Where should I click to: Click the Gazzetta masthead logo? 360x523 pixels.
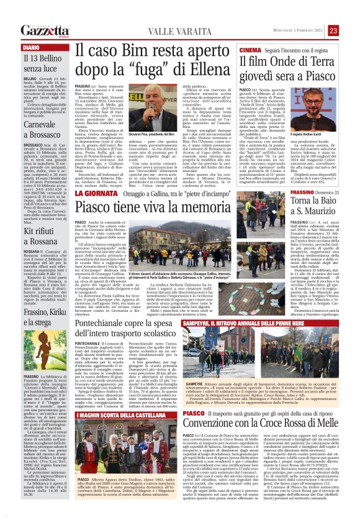pos(44,30)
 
